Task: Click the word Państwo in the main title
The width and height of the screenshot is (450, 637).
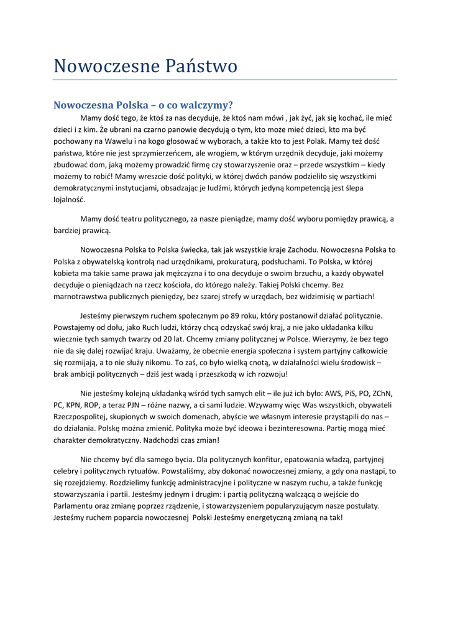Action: point(201,66)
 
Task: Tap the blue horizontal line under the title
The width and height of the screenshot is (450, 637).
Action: point(225,80)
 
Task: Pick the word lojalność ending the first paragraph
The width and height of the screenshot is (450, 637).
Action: point(69,200)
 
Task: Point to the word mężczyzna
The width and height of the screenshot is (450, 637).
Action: point(175,273)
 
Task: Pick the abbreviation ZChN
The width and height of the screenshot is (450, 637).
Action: point(385,394)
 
